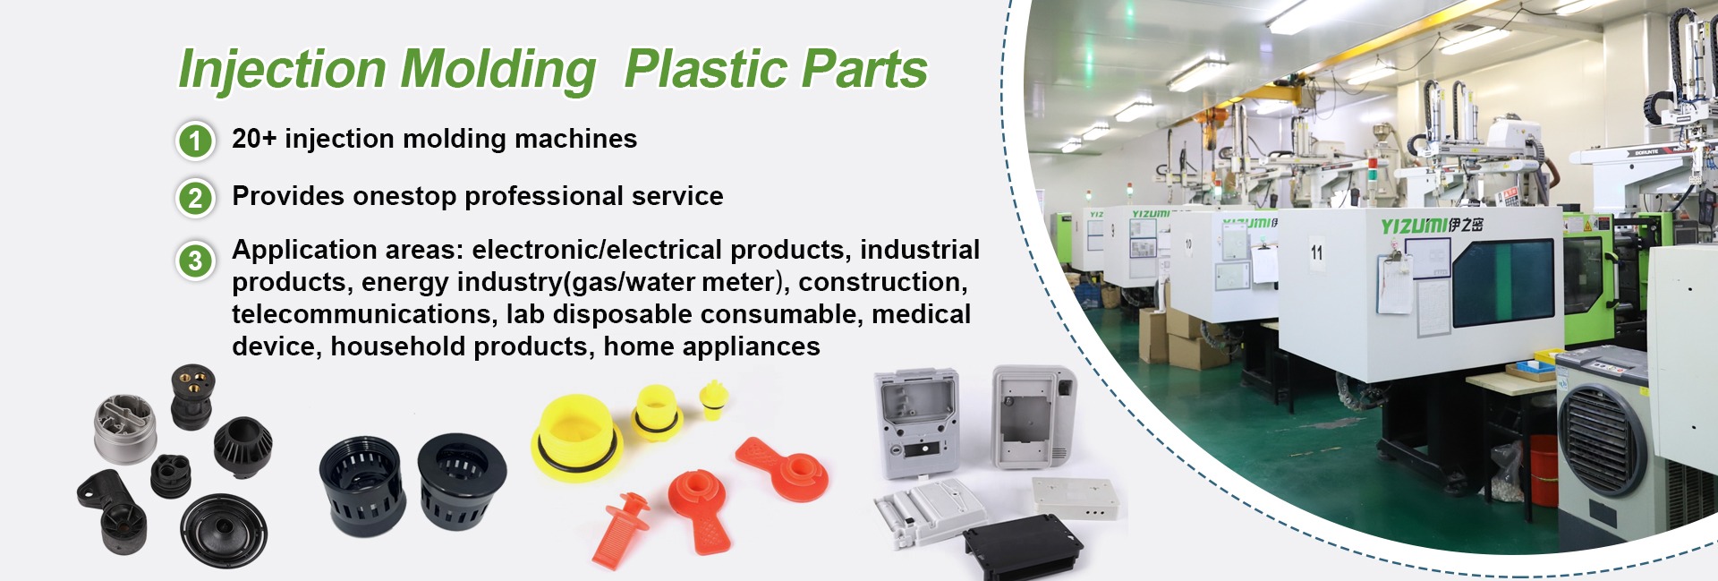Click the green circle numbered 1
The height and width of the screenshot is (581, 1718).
click(195, 141)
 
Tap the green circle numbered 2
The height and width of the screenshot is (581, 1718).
click(195, 198)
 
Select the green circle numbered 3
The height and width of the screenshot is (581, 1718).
click(195, 261)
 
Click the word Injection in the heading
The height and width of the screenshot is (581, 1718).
click(282, 70)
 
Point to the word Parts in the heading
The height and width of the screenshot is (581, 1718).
click(863, 69)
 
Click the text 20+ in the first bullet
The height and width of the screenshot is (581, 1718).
click(254, 139)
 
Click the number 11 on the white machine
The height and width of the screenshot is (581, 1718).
click(1316, 252)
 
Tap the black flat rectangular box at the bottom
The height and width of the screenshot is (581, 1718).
click(1022, 543)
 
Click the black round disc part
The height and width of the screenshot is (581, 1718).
click(224, 530)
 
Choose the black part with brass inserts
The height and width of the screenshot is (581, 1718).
click(192, 396)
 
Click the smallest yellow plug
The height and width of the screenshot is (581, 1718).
click(713, 398)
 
